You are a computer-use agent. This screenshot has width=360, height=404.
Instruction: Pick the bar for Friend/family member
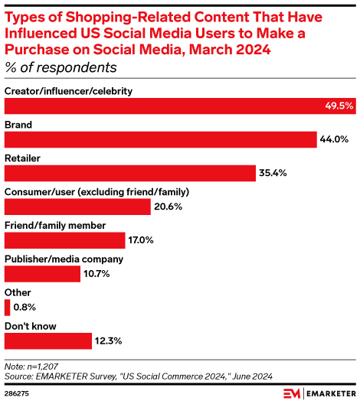click(x=64, y=240)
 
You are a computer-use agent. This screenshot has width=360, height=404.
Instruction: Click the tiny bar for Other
click(x=7, y=307)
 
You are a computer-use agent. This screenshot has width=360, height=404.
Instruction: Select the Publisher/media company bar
click(x=42, y=274)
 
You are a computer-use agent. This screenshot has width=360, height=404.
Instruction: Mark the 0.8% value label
click(x=25, y=307)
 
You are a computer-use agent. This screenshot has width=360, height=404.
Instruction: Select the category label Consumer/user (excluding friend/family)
click(x=97, y=191)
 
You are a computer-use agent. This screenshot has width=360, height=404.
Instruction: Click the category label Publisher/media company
click(x=64, y=259)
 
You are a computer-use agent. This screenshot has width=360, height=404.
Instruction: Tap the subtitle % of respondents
click(x=55, y=67)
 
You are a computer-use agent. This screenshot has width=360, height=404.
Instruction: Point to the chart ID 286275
click(x=18, y=393)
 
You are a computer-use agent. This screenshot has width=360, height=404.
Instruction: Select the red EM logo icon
click(x=292, y=393)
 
